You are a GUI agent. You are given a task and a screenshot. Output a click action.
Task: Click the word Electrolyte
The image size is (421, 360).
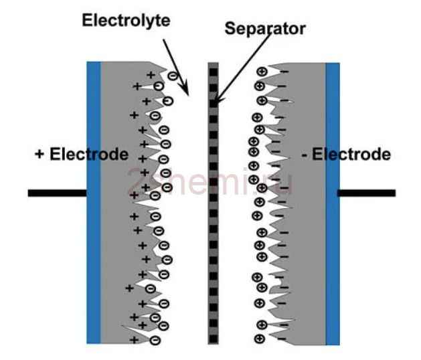pyautogui.click(x=126, y=21)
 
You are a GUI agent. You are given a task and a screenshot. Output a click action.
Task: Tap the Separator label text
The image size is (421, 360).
pyautogui.click(x=265, y=29)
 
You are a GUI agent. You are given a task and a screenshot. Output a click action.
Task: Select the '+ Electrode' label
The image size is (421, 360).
pyautogui.click(x=82, y=155)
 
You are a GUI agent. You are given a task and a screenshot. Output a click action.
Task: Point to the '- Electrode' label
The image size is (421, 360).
pyautogui.click(x=346, y=155)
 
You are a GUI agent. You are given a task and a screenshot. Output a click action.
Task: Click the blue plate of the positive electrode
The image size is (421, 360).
pyautogui.click(x=94, y=203)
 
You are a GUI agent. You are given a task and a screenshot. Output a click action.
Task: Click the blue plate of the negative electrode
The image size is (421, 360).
pyautogui.click(x=333, y=204)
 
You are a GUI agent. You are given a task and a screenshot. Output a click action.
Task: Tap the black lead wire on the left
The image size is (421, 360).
pyautogui.click(x=57, y=193)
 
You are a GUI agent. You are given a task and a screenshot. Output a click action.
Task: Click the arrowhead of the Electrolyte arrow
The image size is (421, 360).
pyautogui.click(x=185, y=90)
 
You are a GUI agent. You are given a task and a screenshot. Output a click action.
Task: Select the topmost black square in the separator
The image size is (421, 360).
pyautogui.click(x=214, y=72)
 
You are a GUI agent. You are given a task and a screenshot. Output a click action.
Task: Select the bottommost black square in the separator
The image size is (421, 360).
pyautogui.click(x=214, y=339)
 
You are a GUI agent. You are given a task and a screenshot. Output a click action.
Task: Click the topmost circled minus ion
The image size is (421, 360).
pyautogui.click(x=173, y=76)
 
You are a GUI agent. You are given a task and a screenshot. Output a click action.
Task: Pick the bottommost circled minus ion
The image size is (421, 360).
pyautogui.click(x=155, y=340)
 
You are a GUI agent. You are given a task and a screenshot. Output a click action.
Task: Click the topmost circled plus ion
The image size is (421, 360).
pyautogui.click(x=262, y=72)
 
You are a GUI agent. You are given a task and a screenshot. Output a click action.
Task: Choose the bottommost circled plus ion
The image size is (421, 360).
pyautogui.click(x=260, y=339)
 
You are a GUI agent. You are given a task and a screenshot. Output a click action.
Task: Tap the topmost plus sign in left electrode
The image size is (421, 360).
pyautogui.click(x=151, y=75)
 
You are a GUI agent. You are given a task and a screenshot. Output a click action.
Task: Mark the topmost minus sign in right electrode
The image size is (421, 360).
pyautogui.click(x=284, y=72)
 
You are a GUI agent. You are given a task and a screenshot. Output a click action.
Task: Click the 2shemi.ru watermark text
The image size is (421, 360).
pyautogui.click(x=209, y=181)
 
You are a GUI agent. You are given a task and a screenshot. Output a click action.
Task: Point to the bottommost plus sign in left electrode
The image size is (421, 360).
pyautogui.click(x=135, y=340)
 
